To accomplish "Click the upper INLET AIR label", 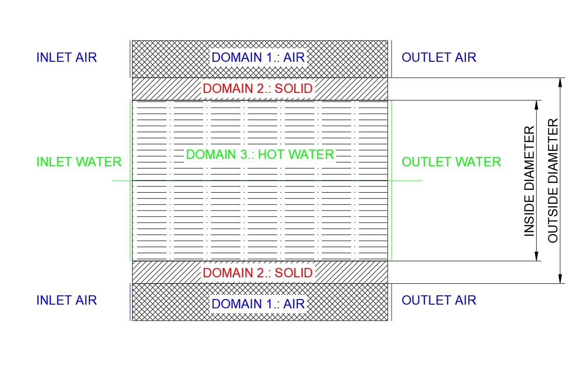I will (66, 58).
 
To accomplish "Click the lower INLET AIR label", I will (66, 300).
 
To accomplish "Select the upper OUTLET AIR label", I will (439, 58).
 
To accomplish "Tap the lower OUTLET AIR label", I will (439, 300).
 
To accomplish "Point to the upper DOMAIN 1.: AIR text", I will (258, 58).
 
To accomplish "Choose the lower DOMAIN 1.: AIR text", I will (258, 304).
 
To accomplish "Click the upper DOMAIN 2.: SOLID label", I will (258, 89).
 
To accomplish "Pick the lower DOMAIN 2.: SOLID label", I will (258, 273).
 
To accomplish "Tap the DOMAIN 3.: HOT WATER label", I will (260, 155).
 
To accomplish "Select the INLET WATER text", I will (79, 162).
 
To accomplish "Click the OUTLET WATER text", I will (451, 162).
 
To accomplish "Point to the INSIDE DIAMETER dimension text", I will (529, 181).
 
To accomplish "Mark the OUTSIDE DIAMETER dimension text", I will (553, 181).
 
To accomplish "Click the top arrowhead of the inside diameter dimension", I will (537, 105).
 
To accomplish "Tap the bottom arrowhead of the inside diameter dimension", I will (537, 256).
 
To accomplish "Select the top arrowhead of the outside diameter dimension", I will (560, 82).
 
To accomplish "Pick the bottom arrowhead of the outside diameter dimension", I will (560, 279).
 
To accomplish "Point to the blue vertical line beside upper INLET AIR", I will (130, 59).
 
